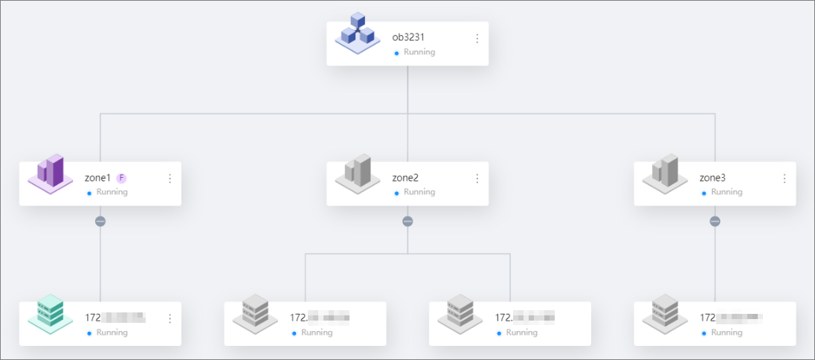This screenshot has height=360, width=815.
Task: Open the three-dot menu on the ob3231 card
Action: tap(477, 39)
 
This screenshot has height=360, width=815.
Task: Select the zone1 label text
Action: tap(97, 179)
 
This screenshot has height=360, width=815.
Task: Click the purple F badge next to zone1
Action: tap(122, 179)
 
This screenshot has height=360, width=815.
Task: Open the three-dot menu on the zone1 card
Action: tap(170, 179)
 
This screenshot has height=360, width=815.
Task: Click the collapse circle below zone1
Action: tap(100, 221)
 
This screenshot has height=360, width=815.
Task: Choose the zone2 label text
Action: tap(405, 179)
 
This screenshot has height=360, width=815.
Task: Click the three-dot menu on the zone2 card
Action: tap(477, 179)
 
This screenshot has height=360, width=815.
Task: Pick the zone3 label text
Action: tap(712, 179)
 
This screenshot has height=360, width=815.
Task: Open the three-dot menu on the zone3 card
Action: tap(785, 179)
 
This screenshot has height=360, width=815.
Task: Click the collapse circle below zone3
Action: tap(715, 221)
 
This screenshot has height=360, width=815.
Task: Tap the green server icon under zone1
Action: tap(50, 314)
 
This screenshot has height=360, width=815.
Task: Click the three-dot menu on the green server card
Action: tap(170, 318)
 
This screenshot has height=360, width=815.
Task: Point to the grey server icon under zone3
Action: tap(664, 314)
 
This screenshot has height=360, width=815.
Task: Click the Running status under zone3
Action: tap(727, 192)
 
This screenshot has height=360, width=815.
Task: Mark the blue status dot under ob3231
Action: tap(396, 53)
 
